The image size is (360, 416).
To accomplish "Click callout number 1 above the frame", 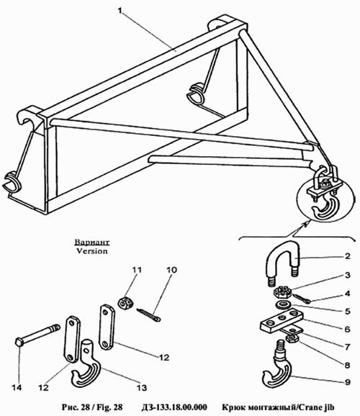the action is pos(120,11).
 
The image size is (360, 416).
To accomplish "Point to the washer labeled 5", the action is pos(283,305).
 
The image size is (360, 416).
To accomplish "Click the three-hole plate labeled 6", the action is pos(282,321).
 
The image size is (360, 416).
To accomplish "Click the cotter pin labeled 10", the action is pos(148,315).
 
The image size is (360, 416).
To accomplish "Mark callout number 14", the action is pos(17,387).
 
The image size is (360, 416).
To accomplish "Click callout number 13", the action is pos(142,388).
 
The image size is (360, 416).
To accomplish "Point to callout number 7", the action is pos(347,346).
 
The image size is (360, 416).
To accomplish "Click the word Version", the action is pos(92,250).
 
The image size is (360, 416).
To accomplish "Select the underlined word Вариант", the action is pos(92,242).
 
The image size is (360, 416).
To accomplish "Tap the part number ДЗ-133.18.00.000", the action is pos(174,407).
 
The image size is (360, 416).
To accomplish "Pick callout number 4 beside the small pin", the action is pos(347,294).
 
